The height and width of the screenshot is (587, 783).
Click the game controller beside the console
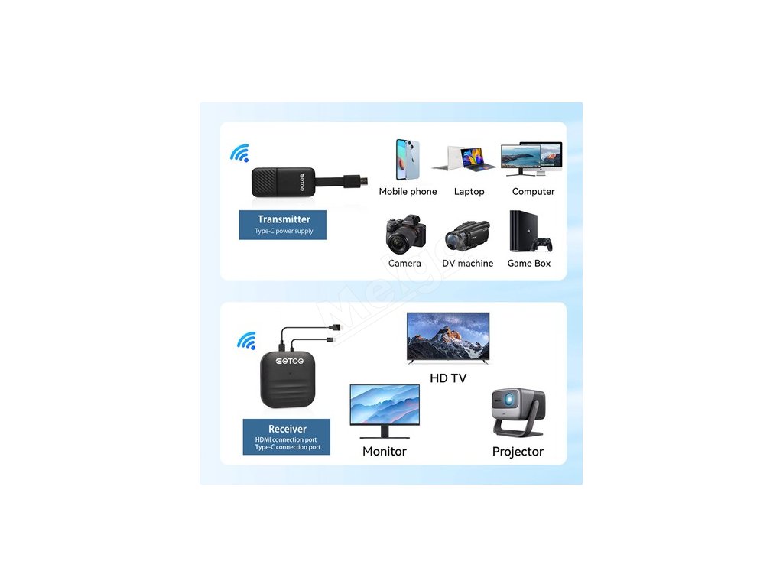[544, 245]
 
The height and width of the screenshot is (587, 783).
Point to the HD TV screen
[448, 336]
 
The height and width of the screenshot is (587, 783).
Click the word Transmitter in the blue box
[284, 219]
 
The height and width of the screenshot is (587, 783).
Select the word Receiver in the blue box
[287, 429]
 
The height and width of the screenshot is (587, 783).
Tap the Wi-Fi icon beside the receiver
[246, 341]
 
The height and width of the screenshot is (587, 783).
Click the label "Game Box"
[529, 264]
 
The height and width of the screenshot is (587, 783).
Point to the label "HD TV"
[448, 378]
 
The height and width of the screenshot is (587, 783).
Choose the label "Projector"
[518, 452]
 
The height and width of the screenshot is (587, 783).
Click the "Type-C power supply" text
[284, 231]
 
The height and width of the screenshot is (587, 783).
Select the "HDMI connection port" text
[287, 439]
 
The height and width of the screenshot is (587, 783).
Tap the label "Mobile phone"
[408, 192]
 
